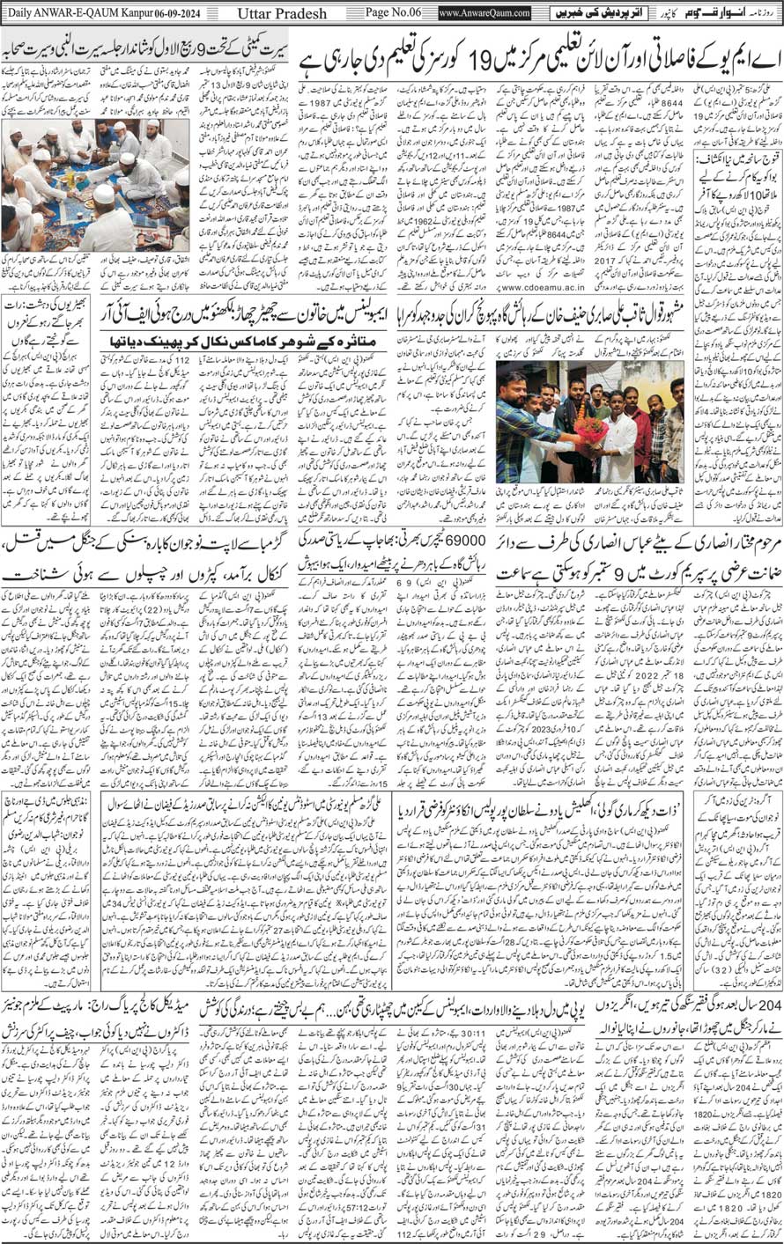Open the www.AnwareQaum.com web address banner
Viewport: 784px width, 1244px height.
tap(484, 13)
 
